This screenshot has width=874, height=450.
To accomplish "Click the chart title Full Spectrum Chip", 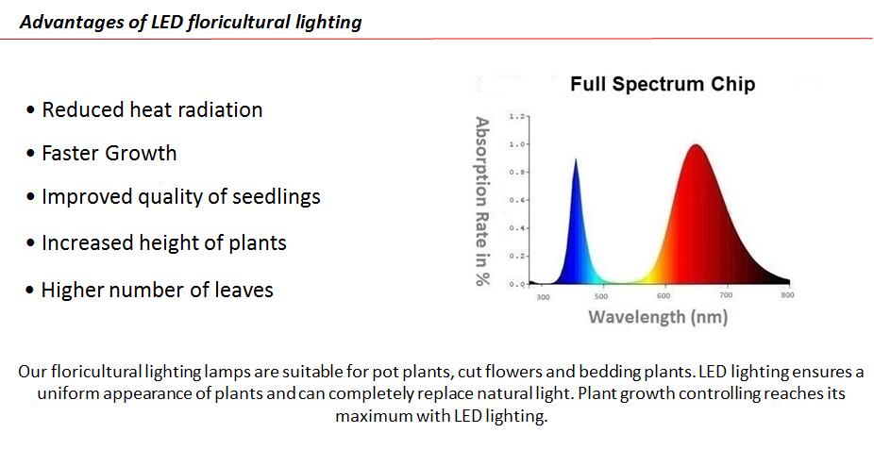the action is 663,84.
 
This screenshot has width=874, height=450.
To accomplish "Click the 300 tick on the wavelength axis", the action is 543,297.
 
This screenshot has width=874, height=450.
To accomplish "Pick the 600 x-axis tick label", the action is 664,295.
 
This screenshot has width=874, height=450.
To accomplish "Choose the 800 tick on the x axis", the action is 787,294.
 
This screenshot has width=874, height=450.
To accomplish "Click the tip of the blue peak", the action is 576,158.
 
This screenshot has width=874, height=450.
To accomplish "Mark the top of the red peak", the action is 696,144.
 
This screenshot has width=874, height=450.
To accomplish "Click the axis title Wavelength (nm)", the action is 658,317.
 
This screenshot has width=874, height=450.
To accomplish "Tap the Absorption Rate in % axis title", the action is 482,201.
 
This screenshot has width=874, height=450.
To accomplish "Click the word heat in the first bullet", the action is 149,109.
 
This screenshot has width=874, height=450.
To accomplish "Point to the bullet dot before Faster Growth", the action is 30,153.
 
